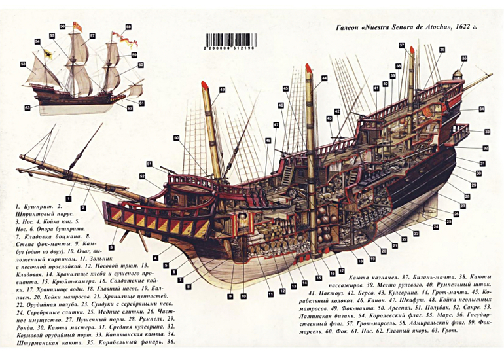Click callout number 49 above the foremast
pos(222,89)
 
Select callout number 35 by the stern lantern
pos(463,58)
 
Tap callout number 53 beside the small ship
pos(23,63)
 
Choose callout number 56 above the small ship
pos(62,26)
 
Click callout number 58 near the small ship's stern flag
pos(128,27)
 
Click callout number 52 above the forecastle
pos(149,164)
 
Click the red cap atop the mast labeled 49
pos(205,85)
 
